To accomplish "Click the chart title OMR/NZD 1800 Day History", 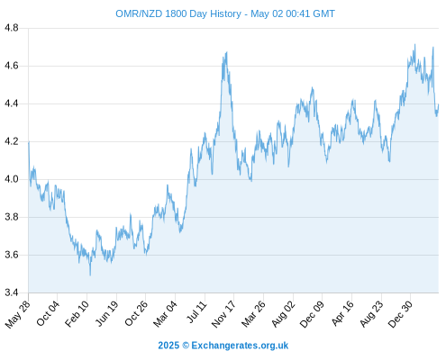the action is coord(178,13).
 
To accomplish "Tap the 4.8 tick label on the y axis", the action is coord(12,28).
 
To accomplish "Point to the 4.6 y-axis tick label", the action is coord(12,66).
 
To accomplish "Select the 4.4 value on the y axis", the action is coord(12,103).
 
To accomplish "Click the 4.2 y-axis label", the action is coord(12,141).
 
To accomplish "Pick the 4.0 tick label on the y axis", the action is coord(12,179).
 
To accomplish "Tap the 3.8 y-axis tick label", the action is coord(12,217).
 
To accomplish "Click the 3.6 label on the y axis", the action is coord(12,255).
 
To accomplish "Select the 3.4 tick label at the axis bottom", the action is coord(12,292).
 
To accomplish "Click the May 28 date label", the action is coord(18,314).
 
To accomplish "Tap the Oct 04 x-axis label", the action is coord(48,313).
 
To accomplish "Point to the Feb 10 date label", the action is coord(77,314).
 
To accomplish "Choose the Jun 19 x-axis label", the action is coord(107,314).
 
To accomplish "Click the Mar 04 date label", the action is coord(166,314).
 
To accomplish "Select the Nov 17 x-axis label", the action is coord(223,314).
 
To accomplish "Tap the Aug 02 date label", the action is coord(284,314).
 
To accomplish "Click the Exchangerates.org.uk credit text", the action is coord(240,346).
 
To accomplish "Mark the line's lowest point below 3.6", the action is coord(90,275).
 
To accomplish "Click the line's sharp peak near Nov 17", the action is coord(227,52).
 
